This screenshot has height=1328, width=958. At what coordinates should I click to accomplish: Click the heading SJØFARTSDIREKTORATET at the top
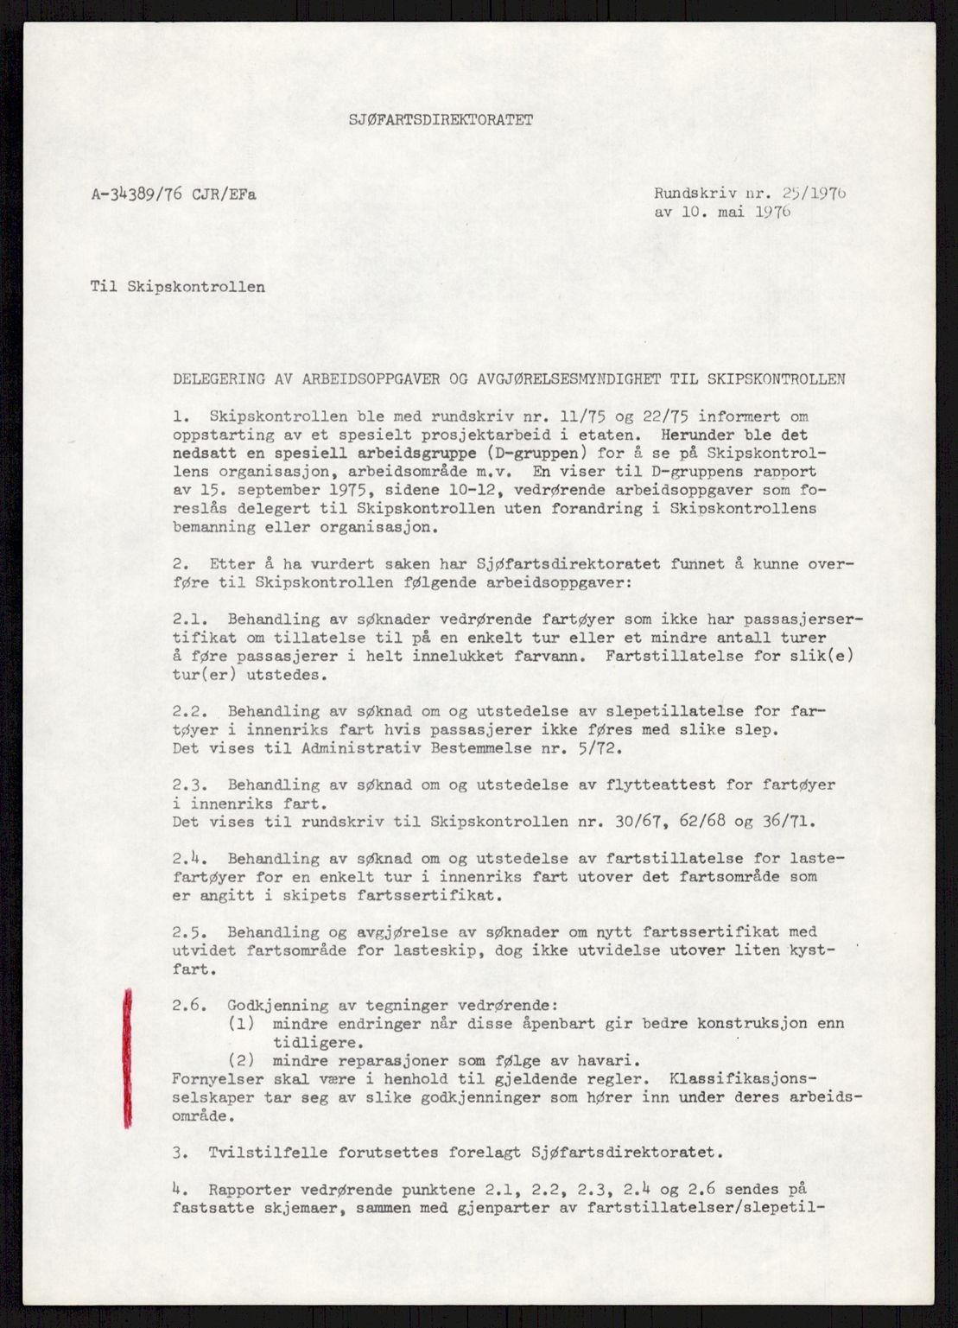click(x=441, y=120)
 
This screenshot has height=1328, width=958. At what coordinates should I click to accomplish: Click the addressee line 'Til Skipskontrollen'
click(x=178, y=286)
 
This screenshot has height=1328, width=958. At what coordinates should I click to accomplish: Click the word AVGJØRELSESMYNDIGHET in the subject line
click(x=565, y=378)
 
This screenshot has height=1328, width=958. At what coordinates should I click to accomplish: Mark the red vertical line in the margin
click(x=128, y=1058)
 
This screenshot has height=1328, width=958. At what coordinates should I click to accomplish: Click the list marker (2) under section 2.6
click(x=241, y=1060)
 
